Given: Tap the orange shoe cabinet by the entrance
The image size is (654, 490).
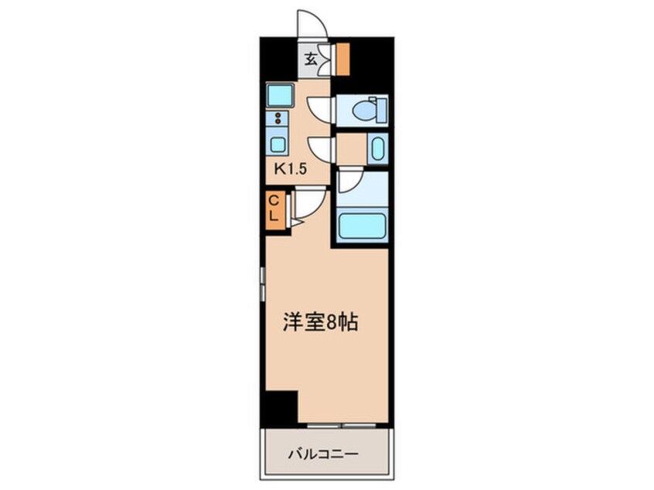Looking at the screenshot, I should [x=341, y=59].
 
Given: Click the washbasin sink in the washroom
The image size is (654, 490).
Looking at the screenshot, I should [x=376, y=148].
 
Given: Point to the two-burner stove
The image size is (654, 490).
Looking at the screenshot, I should [x=277, y=119].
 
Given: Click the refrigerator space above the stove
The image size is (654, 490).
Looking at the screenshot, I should [x=279, y=96].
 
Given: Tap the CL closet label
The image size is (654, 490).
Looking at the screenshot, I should [x=273, y=209].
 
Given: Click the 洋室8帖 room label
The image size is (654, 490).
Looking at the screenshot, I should [x=318, y=323].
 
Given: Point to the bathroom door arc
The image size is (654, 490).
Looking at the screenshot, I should [x=348, y=181].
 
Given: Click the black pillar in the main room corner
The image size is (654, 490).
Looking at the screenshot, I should [x=280, y=407].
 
